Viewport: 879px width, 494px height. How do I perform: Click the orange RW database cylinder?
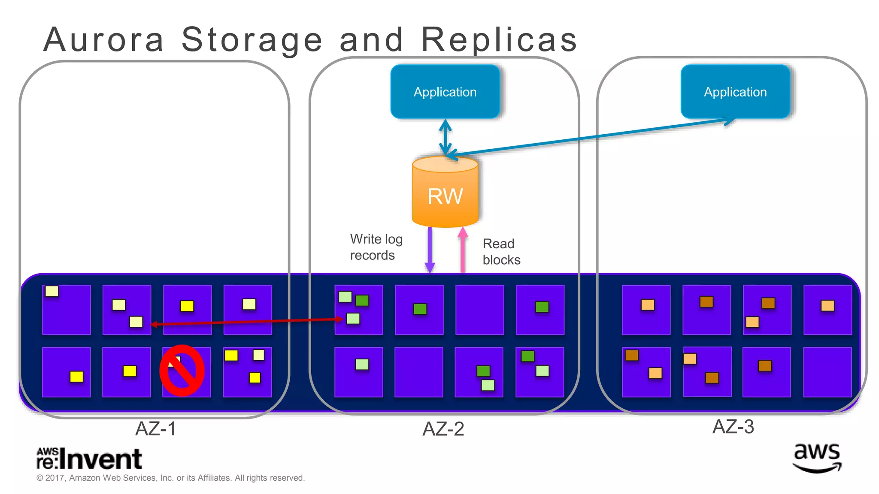click(445, 193)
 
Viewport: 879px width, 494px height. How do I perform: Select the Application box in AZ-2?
click(445, 92)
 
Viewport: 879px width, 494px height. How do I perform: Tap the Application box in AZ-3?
click(735, 92)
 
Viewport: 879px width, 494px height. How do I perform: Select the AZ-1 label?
click(155, 428)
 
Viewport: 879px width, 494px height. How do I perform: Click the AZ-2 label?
click(443, 429)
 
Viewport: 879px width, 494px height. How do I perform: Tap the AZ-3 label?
click(733, 427)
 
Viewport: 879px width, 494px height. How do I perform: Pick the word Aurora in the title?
click(103, 39)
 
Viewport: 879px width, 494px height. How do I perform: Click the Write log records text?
click(376, 247)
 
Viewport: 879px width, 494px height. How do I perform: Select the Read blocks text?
click(501, 252)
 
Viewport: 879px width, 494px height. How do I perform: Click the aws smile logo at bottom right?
click(817, 458)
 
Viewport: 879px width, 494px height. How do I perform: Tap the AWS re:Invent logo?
click(89, 458)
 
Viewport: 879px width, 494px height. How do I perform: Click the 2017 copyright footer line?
click(170, 478)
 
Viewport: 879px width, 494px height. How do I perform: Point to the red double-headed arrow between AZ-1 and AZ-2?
click(247, 322)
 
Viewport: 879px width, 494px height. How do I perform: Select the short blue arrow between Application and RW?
click(446, 137)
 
